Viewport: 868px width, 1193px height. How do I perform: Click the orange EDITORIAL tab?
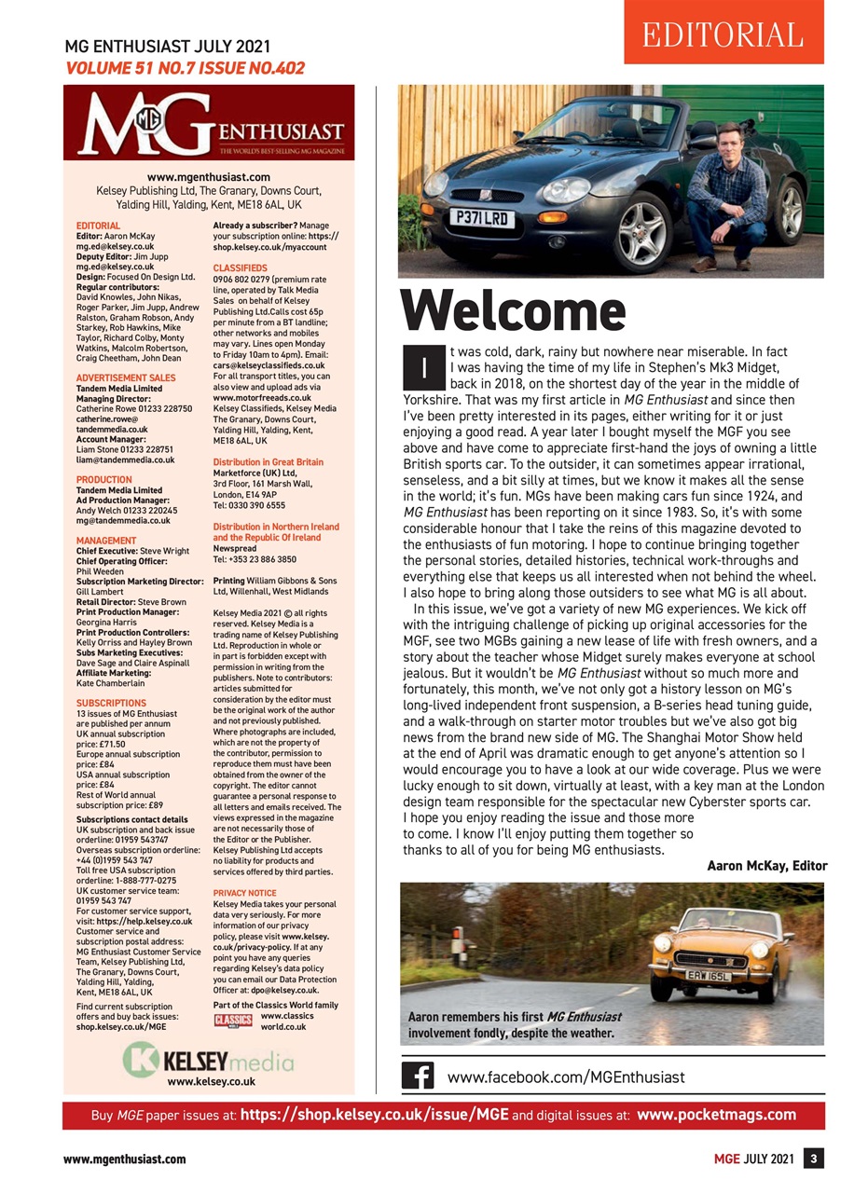[x=723, y=34]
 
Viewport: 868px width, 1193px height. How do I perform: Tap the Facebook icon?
[x=417, y=1076]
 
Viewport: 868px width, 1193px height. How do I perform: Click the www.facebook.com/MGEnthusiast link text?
[x=566, y=1076]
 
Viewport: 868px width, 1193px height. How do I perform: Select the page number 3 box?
[x=814, y=1159]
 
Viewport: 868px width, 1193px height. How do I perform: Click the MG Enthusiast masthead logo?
[x=209, y=124]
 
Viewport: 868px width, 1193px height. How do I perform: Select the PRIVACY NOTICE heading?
[x=244, y=892]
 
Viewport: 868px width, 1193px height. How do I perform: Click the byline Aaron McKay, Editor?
[x=766, y=866]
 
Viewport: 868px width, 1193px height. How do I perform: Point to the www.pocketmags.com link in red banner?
[x=716, y=1115]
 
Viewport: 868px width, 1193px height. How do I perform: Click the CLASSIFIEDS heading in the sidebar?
[x=241, y=267]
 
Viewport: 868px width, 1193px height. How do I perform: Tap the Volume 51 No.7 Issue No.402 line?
[x=185, y=68]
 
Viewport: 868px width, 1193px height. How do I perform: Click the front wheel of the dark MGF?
[x=644, y=226]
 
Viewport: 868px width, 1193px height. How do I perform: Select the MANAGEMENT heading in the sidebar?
[x=106, y=540]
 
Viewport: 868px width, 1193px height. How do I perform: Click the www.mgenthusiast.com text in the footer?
[x=124, y=1159]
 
